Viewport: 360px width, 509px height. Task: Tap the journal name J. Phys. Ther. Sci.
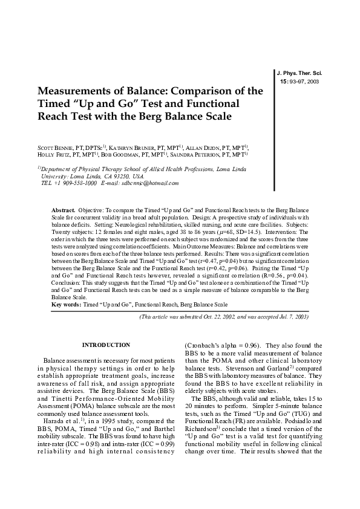(299, 72)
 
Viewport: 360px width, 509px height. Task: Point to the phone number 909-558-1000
(76, 183)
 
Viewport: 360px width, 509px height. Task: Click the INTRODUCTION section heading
(106, 345)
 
